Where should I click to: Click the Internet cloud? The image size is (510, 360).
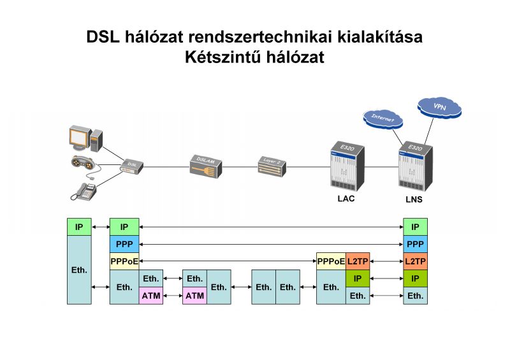[383, 119]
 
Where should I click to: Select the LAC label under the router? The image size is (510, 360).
[346, 198]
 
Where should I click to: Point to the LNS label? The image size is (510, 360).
[414, 199]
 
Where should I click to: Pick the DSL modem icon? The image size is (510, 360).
[132, 166]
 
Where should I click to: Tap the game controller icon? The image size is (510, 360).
[85, 164]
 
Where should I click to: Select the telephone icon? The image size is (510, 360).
[84, 190]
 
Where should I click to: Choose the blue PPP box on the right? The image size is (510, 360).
[415, 244]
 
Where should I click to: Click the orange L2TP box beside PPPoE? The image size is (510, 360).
[358, 261]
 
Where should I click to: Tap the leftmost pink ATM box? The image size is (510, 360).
[151, 296]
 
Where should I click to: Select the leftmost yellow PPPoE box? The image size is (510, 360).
[124, 261]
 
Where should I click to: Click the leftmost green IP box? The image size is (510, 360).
[79, 227]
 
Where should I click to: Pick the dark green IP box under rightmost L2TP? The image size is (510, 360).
[415, 278]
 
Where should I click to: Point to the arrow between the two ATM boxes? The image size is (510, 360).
[173, 296]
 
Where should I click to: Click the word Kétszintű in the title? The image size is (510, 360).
[216, 57]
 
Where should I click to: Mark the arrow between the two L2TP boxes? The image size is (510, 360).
[386, 261]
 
